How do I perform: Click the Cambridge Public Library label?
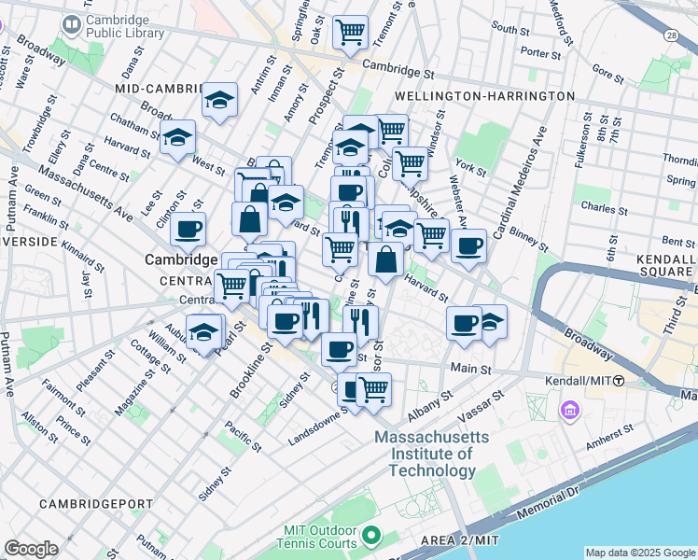[x=123, y=26]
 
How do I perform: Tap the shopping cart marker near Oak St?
[x=350, y=33]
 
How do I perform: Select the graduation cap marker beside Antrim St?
[x=220, y=100]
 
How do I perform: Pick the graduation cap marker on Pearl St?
[x=205, y=331]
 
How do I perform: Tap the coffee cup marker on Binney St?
[x=468, y=245]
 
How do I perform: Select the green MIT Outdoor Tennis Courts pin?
[x=371, y=536]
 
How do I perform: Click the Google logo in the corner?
[x=31, y=548]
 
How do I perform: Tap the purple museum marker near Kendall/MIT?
[x=568, y=410]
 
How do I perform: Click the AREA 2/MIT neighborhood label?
[x=471, y=541]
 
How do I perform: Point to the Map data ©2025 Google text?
[x=640, y=553]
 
